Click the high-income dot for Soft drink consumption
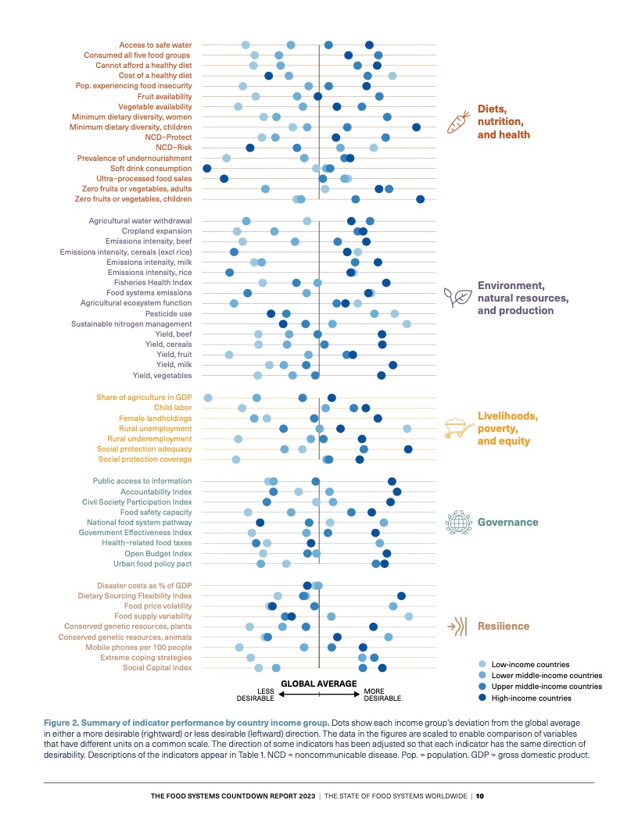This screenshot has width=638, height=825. pyautogui.click(x=207, y=168)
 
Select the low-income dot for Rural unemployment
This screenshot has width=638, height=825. pyautogui.click(x=407, y=429)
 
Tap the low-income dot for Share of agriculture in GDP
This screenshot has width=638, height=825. pyautogui.click(x=208, y=398)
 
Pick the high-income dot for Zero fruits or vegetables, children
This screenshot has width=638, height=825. pyautogui.click(x=421, y=199)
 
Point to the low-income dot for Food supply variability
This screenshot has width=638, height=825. pyautogui.click(x=409, y=616)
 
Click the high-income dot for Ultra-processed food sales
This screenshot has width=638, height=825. pyautogui.click(x=224, y=179)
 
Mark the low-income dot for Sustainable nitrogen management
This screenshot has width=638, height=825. pyautogui.click(x=407, y=323)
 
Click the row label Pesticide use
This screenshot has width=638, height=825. pyautogui.click(x=169, y=313)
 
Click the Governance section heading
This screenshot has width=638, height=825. pyautogui.click(x=508, y=522)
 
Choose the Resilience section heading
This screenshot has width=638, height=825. pyautogui.click(x=504, y=626)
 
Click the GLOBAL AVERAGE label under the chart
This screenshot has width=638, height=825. pyautogui.click(x=318, y=683)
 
